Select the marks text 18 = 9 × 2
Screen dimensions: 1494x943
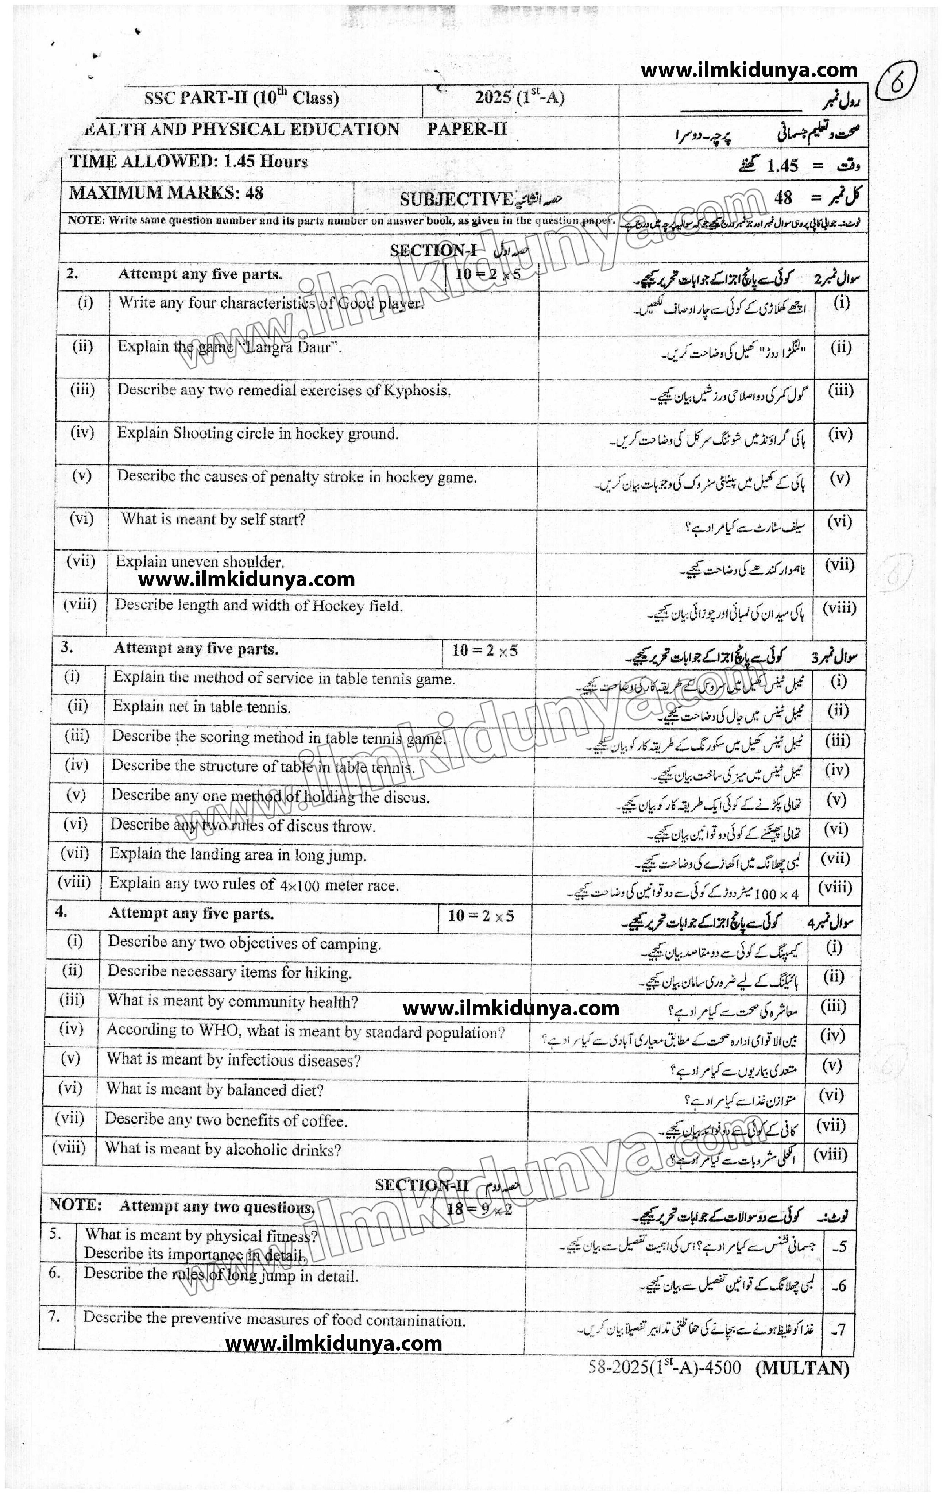tap(479, 1209)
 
